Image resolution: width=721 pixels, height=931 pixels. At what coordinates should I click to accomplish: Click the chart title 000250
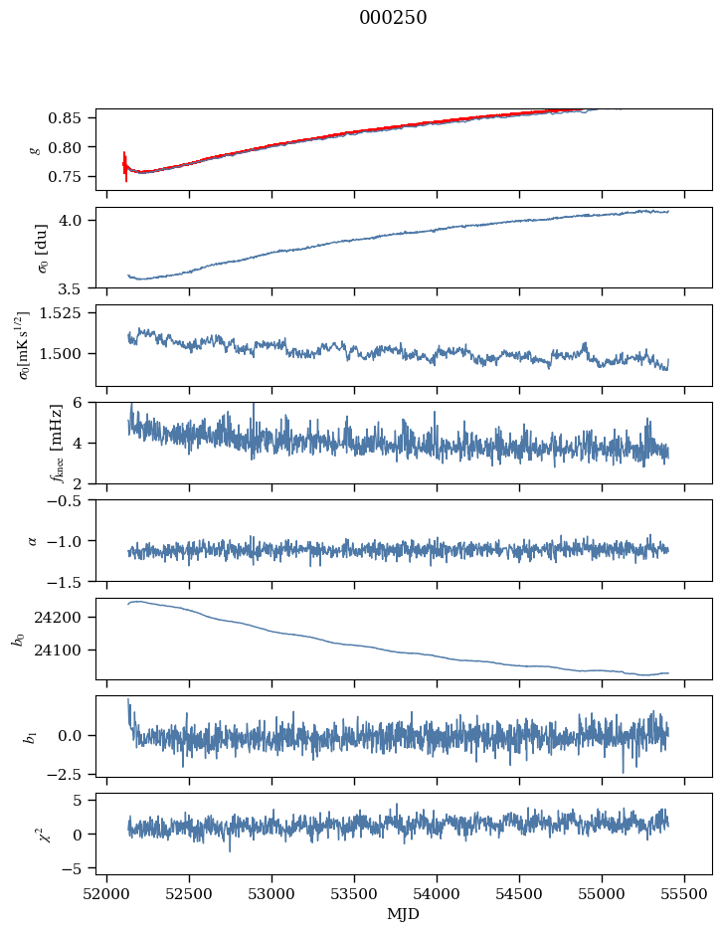pos(393,18)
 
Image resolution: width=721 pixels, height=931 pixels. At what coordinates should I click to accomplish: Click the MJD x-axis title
pos(403,914)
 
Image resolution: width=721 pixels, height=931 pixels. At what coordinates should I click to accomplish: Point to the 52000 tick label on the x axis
pos(106,894)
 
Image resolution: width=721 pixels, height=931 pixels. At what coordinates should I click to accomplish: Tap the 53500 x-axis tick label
pos(354,894)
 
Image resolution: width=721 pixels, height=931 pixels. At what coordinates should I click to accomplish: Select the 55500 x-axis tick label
pos(684,894)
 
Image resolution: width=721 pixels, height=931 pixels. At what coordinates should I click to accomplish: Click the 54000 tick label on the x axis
pos(437,894)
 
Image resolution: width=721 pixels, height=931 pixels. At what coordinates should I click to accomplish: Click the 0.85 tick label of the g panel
pos(64,118)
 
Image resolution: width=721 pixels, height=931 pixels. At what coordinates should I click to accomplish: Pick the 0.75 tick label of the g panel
pos(64,177)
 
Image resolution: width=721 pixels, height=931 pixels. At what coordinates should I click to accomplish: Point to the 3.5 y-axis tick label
pos(70,288)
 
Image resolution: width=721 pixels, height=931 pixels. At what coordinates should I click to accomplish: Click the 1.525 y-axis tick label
pos(60,313)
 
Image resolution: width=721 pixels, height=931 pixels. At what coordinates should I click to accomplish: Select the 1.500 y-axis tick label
pos(60,354)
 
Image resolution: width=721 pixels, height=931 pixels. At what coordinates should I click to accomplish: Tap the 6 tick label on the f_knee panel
pos(78,403)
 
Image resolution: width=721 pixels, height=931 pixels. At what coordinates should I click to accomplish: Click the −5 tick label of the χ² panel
pos(72,869)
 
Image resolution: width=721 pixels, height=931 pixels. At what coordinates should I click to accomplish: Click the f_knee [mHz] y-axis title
pos(57,443)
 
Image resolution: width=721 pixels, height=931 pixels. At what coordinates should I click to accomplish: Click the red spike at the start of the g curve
pos(125,166)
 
